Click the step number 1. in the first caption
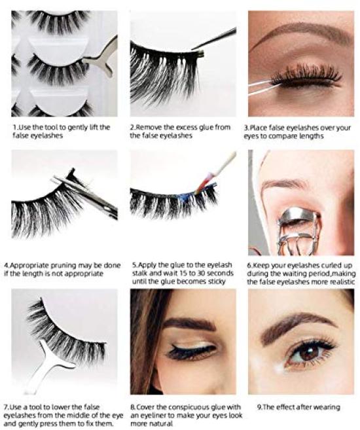pos(14,126)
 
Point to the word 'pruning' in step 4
pos(55,265)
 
